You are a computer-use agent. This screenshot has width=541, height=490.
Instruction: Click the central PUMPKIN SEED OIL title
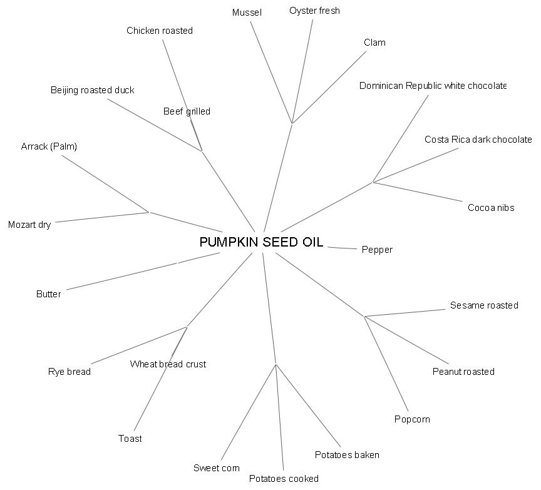coord(261,242)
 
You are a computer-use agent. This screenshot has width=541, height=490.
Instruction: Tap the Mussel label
coord(247,13)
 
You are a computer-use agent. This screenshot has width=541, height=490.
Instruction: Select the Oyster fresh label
coord(314,11)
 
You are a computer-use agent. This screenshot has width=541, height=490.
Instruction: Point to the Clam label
coord(374,43)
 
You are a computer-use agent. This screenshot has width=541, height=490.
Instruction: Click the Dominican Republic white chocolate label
coord(432,86)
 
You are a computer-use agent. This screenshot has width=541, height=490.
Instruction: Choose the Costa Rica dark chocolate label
coord(478,140)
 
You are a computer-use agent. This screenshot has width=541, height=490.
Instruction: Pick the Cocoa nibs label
coord(491,208)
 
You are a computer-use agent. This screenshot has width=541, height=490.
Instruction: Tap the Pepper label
coord(377,250)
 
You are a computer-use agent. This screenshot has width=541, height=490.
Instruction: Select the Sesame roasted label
coord(484,305)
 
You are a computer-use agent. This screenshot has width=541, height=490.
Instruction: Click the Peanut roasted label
coord(463,372)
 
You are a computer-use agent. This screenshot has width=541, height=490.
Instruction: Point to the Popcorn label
coord(412,419)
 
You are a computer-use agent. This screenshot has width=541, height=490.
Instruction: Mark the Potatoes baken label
coord(347,455)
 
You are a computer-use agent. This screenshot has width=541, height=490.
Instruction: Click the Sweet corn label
coord(217,468)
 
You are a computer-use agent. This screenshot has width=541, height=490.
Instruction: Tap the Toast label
coord(130,439)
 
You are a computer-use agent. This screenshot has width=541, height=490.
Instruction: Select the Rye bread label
coord(70,372)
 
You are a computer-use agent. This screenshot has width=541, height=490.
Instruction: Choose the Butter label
coord(48,294)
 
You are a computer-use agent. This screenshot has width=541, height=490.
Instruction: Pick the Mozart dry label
coord(29,225)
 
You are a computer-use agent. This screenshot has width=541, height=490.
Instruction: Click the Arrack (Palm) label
coord(49,146)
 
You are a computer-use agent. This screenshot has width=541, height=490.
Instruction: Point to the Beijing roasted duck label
coord(93,90)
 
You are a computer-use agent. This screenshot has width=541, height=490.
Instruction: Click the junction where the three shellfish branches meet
coord(292,123)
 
